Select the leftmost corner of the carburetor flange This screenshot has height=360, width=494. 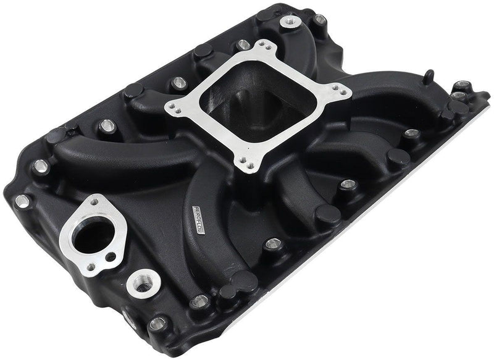(x=170, y=109)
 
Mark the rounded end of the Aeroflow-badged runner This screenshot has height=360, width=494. (x=238, y=285)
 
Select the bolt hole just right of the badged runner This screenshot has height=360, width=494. (x=272, y=245)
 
